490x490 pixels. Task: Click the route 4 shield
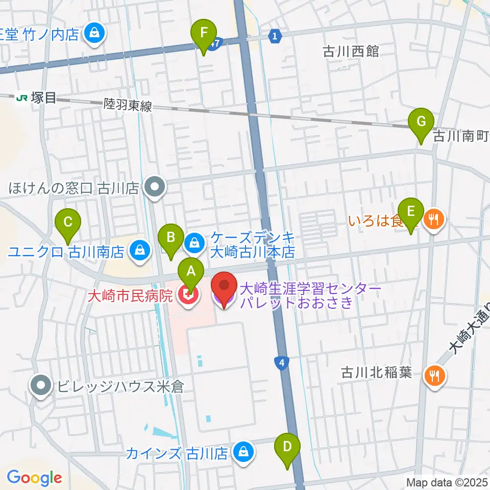point(280,363)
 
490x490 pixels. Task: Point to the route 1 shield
point(275,36)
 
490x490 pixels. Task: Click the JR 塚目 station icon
point(22,97)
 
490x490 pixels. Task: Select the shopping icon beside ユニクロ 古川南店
point(138,250)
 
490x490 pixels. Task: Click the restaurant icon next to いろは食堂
point(434,220)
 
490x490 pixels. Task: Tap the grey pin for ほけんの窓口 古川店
point(155,187)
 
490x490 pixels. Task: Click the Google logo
point(34,478)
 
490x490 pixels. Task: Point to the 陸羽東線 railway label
point(128,106)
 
